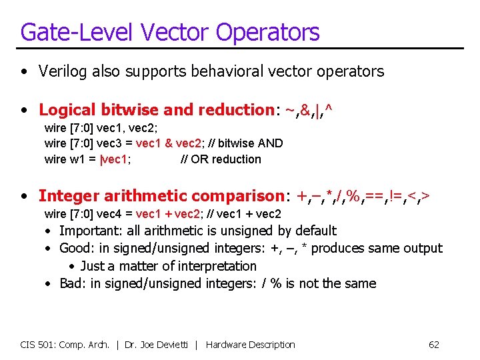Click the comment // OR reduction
coord(221,159)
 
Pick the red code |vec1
coord(114,159)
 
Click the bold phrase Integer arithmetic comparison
coord(162,196)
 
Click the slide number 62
coord(433,345)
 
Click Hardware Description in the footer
coord(250,345)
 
